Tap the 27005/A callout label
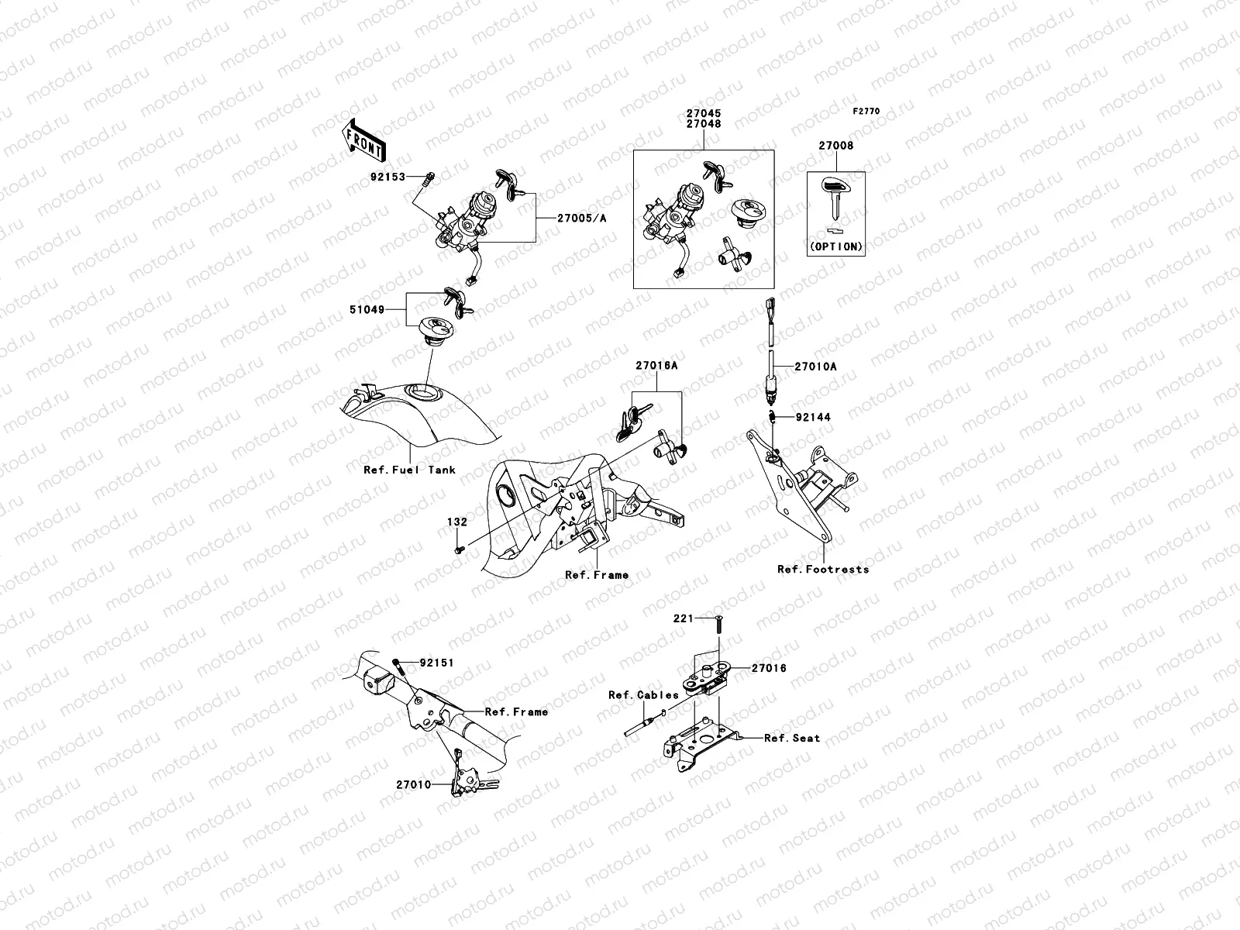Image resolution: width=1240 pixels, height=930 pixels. (x=581, y=218)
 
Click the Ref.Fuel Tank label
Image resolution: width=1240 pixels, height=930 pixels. (x=409, y=470)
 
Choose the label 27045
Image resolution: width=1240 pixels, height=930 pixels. (x=704, y=113)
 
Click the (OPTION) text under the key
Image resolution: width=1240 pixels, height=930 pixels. (x=836, y=246)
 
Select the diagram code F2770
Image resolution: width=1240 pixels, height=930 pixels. (x=866, y=112)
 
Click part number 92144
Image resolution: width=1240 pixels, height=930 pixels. (x=813, y=417)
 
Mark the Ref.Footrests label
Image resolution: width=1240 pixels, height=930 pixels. (x=823, y=569)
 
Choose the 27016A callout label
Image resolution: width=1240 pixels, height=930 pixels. (x=657, y=366)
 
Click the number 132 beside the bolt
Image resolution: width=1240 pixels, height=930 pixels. (x=457, y=522)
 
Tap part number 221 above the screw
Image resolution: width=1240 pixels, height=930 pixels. (x=681, y=618)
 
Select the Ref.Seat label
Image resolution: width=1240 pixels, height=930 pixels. (x=791, y=738)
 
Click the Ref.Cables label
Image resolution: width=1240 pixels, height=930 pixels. (x=643, y=694)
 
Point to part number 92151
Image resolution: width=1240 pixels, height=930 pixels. (x=436, y=663)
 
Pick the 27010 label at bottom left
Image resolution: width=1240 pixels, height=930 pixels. (x=413, y=785)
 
